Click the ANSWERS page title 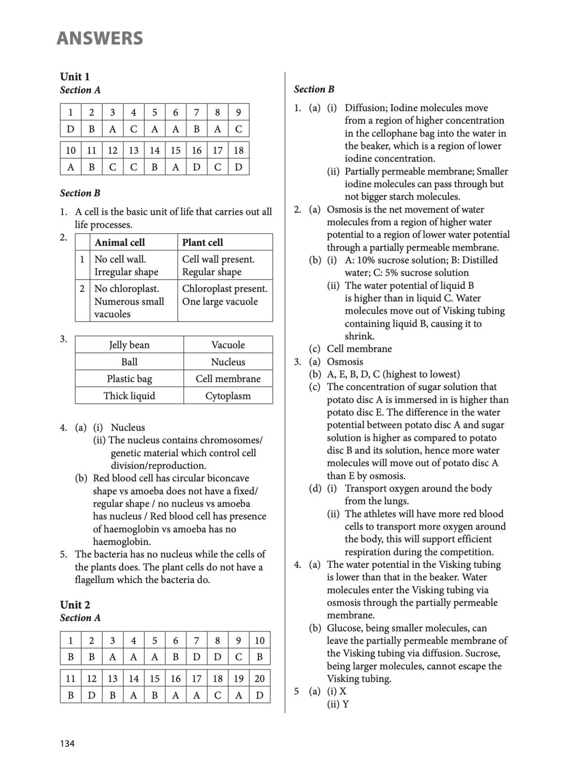(100, 38)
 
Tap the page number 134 (67, 743)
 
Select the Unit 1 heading (75, 76)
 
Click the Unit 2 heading (75, 604)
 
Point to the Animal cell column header (120, 242)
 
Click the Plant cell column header (202, 242)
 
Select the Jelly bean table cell (129, 345)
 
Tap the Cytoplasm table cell (228, 396)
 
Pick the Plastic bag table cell (129, 379)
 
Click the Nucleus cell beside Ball (228, 362)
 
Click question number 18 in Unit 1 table (238, 150)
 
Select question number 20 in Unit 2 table (259, 678)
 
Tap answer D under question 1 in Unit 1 (71, 129)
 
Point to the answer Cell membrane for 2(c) (359, 349)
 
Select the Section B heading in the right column (314, 89)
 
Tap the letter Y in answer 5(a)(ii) (346, 704)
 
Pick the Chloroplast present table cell (224, 289)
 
